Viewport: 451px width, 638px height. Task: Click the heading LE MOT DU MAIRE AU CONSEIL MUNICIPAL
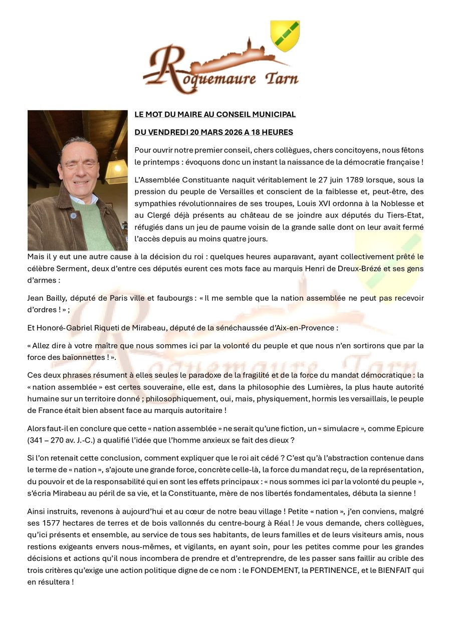(x=215, y=115)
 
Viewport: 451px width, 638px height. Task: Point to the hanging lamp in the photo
(x=117, y=170)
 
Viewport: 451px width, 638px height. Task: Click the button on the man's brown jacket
(x=73, y=216)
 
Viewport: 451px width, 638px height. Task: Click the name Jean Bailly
(x=47, y=298)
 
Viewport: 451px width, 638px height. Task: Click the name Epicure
(x=410, y=429)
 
